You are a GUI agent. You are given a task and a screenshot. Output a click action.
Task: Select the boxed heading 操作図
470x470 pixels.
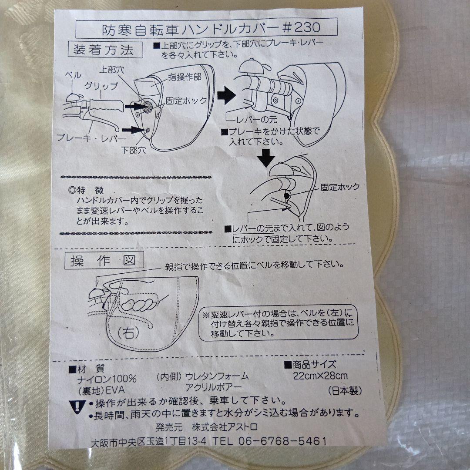click(104, 260)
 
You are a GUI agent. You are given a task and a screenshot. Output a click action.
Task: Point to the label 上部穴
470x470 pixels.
click(111, 70)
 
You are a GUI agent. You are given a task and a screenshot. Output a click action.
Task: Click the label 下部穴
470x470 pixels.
click(133, 150)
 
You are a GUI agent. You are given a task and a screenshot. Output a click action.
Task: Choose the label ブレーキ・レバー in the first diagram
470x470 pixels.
click(91, 138)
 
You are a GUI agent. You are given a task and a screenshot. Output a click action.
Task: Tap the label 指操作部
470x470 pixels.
click(185, 77)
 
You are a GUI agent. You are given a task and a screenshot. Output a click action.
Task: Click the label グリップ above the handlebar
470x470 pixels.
click(101, 86)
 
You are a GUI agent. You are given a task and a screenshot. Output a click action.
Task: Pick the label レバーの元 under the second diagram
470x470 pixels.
click(257, 120)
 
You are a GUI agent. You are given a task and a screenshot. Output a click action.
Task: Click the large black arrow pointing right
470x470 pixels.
click(226, 95)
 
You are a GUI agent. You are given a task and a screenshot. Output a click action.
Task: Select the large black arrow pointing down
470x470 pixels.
click(265, 158)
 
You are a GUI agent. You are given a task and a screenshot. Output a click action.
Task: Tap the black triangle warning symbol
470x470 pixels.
click(77, 407)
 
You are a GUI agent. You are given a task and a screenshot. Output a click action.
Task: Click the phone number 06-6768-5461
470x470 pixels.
click(282, 440)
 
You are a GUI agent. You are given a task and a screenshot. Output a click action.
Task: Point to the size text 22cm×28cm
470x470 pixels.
click(320, 376)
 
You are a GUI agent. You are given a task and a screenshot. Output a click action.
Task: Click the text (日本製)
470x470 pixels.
click(345, 390)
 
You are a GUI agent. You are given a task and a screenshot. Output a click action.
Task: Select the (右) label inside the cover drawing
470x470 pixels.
click(128, 333)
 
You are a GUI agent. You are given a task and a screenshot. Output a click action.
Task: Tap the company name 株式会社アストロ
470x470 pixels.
click(224, 426)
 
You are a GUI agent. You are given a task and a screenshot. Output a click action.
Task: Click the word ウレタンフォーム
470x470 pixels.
click(217, 376)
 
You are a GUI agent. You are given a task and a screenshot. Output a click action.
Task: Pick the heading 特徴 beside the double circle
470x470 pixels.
click(90, 190)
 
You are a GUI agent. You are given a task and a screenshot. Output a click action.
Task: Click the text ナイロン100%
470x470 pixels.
click(107, 379)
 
